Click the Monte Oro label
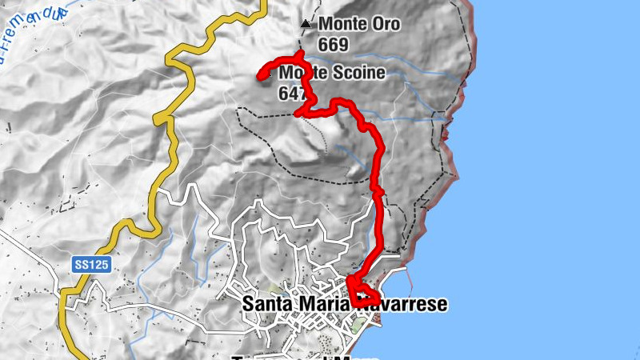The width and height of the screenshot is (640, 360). tap(358, 25)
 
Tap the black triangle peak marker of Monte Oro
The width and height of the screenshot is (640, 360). tap(305, 25)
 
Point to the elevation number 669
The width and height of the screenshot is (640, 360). tap(333, 45)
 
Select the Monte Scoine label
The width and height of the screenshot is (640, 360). tap(332, 73)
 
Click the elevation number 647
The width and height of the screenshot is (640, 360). tap(293, 93)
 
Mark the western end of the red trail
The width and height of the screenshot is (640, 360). tap(260, 77)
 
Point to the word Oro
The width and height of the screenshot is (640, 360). tap(383, 25)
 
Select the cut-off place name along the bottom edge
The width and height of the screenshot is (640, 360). tap(296, 357)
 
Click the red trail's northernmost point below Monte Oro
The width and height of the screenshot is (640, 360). tap(300, 54)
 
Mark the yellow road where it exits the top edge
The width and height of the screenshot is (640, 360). tap(262, 3)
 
